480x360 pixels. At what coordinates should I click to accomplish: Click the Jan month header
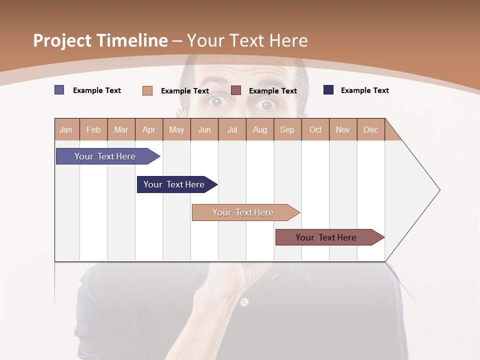66,129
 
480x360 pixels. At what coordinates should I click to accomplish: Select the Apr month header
148,129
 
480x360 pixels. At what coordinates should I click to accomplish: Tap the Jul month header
232,129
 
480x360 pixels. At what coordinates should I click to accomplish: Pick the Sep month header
287,129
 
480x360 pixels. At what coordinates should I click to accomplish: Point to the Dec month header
370,129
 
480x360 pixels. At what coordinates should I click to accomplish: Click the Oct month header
315,129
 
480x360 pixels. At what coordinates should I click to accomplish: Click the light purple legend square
59,90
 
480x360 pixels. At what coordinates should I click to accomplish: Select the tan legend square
147,90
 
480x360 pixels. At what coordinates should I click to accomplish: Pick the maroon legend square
236,90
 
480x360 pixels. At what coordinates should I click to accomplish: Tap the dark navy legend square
328,90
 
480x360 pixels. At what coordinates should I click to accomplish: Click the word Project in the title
62,40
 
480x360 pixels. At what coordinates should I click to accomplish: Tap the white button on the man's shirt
244,302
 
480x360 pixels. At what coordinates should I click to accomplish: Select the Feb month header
93,129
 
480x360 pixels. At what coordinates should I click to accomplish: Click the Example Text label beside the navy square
365,90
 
